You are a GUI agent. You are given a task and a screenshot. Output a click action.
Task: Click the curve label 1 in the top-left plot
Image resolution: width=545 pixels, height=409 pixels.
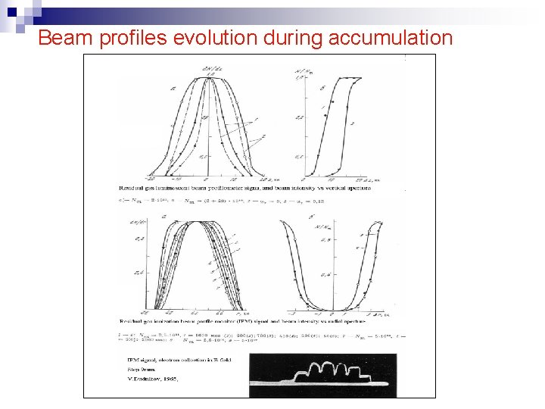click(256, 120)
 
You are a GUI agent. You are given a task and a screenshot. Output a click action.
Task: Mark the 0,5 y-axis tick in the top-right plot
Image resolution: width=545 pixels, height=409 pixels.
click(300, 118)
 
